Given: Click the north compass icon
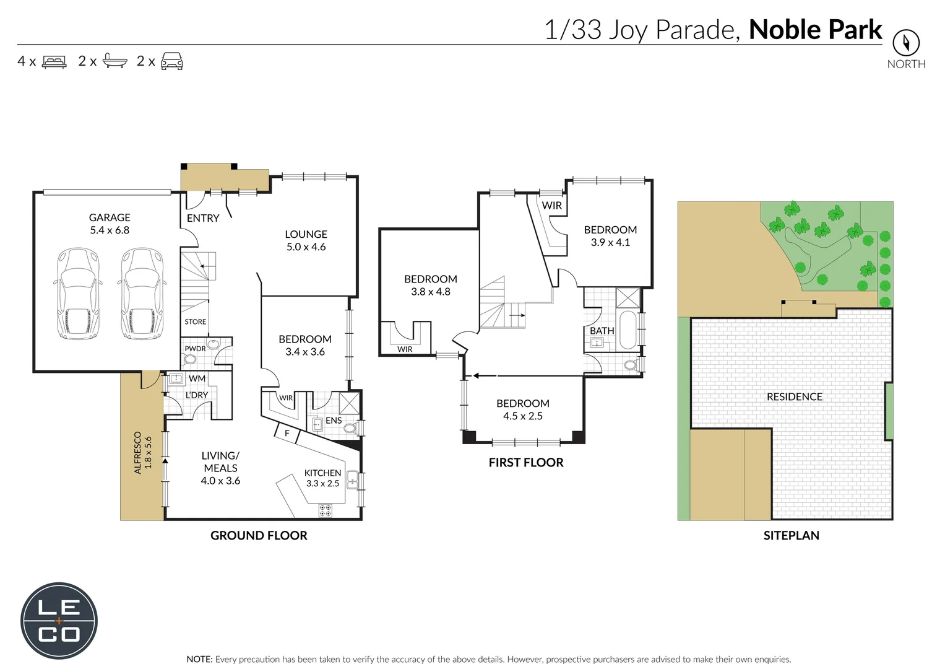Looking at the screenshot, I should [905, 43].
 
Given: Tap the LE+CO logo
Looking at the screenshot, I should [59, 621].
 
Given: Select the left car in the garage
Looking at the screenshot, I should [77, 294].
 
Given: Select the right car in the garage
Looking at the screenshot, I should [141, 294].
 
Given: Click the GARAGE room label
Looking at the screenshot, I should [110, 217].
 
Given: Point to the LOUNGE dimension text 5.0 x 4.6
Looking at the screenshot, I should [306, 247].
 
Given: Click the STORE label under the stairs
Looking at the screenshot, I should [195, 321].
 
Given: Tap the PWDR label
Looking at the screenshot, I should [195, 349].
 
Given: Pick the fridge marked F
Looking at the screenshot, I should [287, 434].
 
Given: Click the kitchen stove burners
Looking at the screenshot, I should [325, 510].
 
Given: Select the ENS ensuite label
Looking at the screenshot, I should [334, 420].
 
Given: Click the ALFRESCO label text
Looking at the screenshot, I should [137, 453].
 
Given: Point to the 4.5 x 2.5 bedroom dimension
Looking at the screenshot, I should [522, 416].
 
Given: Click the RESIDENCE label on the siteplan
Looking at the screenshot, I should [794, 396].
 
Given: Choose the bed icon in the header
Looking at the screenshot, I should [54, 61].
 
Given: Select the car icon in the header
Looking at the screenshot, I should [171, 61].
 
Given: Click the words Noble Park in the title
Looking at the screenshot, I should [815, 30].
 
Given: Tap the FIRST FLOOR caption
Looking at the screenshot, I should [525, 463].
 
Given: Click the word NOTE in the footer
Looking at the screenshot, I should [199, 659].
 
